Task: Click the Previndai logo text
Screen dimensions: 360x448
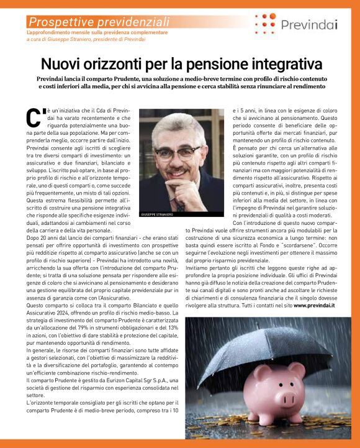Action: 309,25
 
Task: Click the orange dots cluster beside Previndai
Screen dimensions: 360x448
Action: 266,24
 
